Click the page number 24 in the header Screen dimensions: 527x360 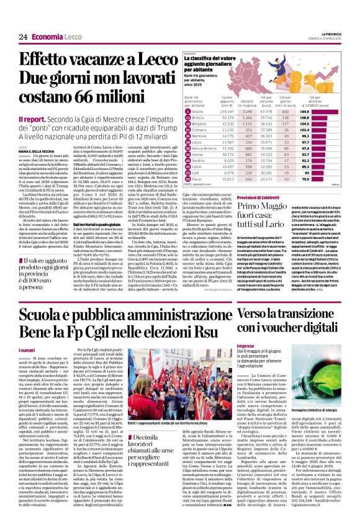coord(23,37)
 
